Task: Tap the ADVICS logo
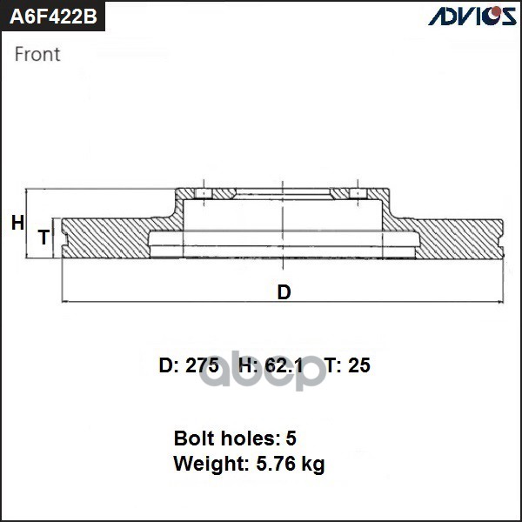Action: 471,17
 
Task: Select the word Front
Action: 37,54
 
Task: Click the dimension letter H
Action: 17,224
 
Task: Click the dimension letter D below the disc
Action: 284,292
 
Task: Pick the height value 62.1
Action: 284,365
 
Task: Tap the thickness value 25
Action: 358,365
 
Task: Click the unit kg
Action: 312,465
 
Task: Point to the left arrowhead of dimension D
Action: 65,302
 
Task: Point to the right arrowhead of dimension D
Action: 500,302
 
